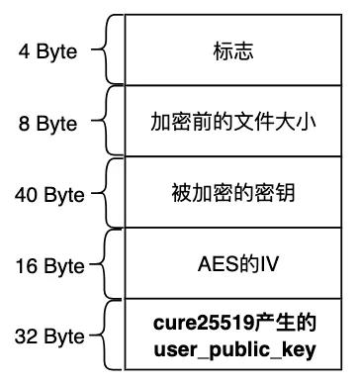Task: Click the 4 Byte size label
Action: point(48,52)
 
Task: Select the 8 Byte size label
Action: point(48,124)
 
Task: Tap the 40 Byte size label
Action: point(49,195)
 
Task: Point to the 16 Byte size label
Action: point(49,266)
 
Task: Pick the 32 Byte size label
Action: point(49,337)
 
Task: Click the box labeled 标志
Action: point(233,49)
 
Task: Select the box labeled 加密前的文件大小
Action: point(233,121)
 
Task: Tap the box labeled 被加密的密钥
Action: point(233,192)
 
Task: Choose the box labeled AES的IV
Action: point(233,263)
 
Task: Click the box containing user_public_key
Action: point(233,335)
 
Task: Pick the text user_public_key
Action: point(235,350)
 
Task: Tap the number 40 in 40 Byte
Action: point(26,194)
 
